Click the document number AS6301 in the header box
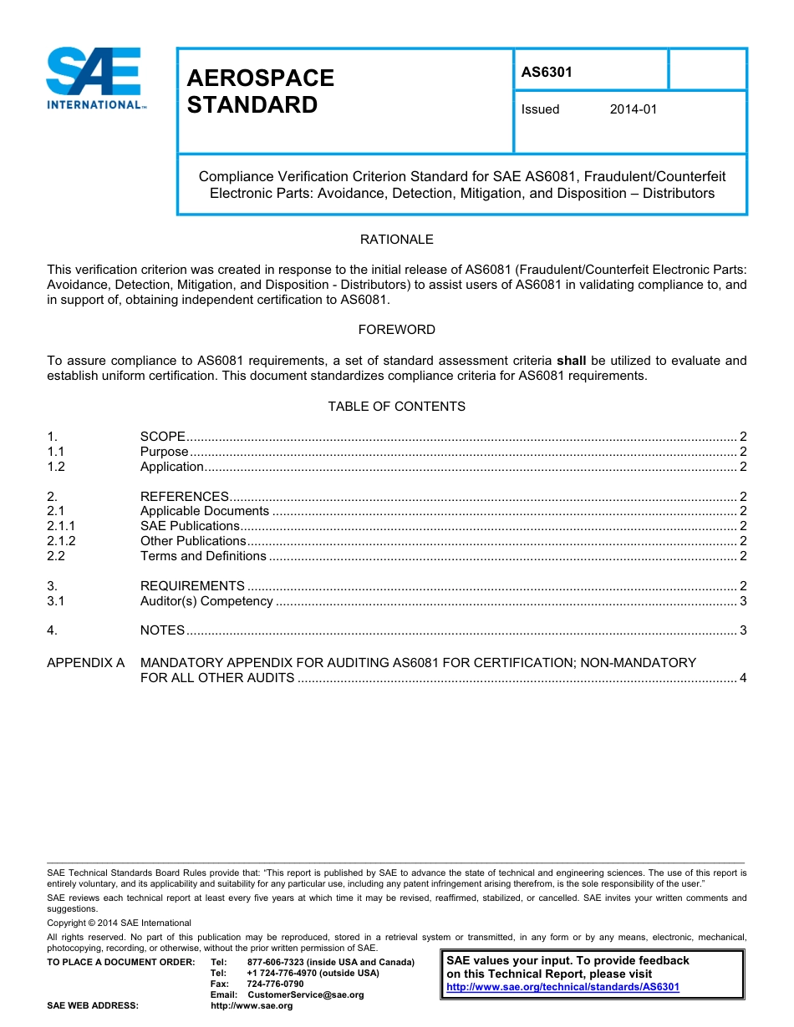547,72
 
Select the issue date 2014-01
633,109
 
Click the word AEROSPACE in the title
260,78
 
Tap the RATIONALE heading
396,240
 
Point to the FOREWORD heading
396,330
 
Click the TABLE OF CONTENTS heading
396,407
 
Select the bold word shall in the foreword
571,361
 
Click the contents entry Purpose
164,452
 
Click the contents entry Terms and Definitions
203,556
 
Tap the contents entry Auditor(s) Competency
206,601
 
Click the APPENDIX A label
85,663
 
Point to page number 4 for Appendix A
743,678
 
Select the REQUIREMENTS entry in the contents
192,586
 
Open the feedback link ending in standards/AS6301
562,987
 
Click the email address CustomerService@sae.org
305,994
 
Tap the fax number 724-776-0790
275,984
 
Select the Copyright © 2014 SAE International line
119,923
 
